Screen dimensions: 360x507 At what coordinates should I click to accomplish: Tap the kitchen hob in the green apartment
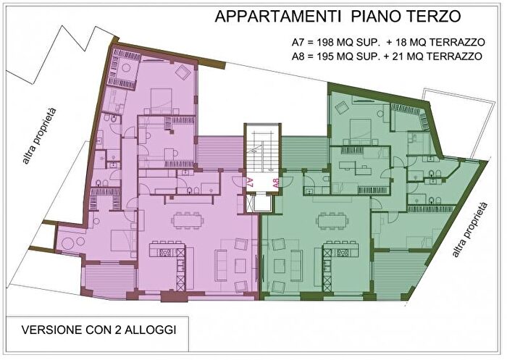point(335,252)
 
